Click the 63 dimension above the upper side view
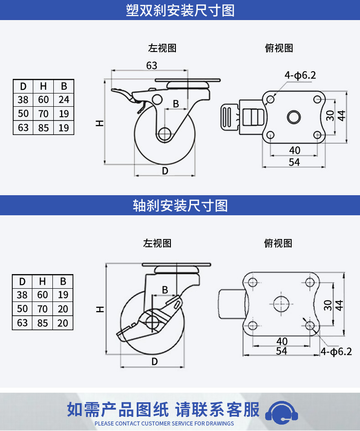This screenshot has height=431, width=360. tap(152, 65)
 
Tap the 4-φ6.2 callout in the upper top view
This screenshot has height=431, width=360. tap(300, 75)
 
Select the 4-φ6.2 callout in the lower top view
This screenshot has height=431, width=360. tap(336, 351)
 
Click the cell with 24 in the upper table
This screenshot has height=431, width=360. tap(64, 99)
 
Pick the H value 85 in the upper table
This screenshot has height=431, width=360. tap(43, 128)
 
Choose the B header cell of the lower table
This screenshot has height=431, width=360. tap(63, 281)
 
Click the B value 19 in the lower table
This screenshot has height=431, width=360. tap(63, 295)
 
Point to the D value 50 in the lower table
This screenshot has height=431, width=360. tap(22, 309)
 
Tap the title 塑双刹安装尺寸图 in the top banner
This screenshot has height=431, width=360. tap(180, 10)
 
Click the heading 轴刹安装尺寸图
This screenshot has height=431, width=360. tap(180, 206)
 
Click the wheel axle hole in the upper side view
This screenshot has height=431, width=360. tap(164, 135)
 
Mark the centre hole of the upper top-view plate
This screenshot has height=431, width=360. tap(294, 117)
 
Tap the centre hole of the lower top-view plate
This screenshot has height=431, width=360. tap(282, 304)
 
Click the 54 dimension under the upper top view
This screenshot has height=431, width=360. tap(294, 162)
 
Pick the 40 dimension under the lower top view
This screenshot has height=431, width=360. tap(282, 341)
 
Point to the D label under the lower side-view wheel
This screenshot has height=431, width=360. tap(154, 362)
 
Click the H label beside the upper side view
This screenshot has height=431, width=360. tap(99, 123)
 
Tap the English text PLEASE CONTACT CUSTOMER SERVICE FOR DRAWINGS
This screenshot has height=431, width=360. tap(164, 423)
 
